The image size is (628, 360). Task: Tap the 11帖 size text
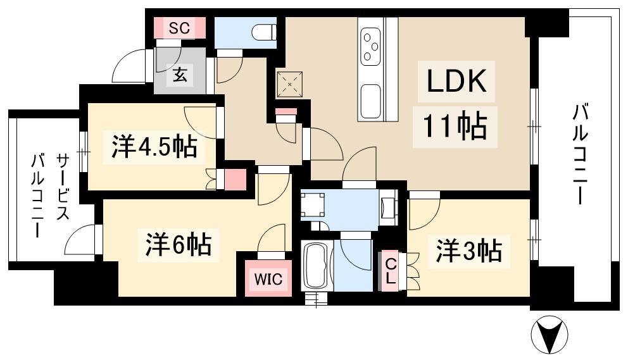(x=450, y=127)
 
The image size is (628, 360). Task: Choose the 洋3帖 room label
(x=468, y=251)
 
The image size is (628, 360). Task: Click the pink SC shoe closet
(x=180, y=28)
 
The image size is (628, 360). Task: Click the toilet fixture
(x=263, y=31)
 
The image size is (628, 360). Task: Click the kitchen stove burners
(x=370, y=46)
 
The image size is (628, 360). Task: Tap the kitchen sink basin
(x=370, y=99)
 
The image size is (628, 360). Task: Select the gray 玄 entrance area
(x=180, y=75)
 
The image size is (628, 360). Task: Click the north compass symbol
(x=549, y=333)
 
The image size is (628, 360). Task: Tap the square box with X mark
(x=291, y=83)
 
